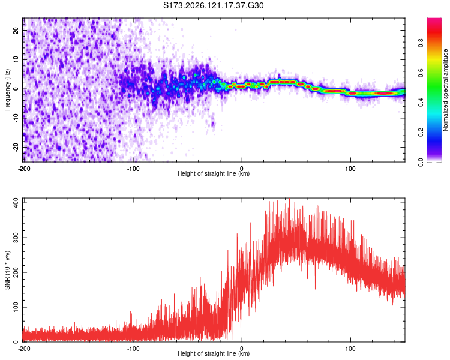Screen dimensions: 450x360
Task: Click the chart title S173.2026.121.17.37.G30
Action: (213, 5)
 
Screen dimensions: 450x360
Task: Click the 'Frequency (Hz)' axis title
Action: (7, 90)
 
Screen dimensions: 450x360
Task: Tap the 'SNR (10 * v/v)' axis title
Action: (7, 270)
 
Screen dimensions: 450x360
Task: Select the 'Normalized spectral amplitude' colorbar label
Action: (445, 90)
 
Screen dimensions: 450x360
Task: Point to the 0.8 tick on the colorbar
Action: (421, 43)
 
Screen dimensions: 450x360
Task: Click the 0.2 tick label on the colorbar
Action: (421, 133)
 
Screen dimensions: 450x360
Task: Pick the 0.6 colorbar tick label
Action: (421, 73)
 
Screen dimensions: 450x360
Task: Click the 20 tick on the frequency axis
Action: (16, 30)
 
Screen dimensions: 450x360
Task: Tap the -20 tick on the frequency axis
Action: (16, 147)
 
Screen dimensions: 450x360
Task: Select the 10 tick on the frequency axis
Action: (16, 59)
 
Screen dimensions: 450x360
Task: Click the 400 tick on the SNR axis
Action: (16, 203)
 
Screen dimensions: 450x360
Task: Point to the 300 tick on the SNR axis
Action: (16, 238)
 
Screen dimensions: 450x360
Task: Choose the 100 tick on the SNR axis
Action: (16, 307)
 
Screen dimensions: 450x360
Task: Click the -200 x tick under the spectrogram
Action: (24, 169)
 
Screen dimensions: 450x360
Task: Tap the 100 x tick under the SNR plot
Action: (350, 349)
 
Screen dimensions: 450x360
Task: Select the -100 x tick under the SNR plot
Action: (133, 349)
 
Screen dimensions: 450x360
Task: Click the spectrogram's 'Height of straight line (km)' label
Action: (214, 173)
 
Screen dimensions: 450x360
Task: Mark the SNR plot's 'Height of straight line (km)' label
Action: (214, 353)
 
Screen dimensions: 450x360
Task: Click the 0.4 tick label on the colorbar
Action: (421, 103)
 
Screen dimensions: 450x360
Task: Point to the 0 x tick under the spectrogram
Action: (242, 169)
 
